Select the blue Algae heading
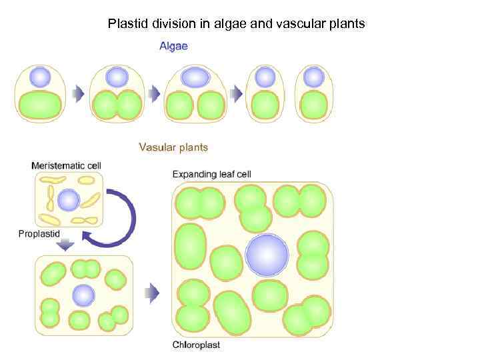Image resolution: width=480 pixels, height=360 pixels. [173, 46]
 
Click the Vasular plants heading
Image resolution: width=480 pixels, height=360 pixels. [173, 147]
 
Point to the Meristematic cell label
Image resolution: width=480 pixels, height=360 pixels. [67, 164]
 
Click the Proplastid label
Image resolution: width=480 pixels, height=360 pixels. [39, 233]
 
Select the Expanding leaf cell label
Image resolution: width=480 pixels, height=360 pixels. [211, 175]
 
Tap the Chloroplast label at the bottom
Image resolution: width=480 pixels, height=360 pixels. [196, 345]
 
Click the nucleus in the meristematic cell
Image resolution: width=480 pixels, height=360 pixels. [68, 199]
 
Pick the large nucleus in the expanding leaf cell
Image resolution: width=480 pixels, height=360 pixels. [267, 255]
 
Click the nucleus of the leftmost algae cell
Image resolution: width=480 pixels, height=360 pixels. [40, 77]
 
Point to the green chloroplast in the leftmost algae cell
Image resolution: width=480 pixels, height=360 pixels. [40, 105]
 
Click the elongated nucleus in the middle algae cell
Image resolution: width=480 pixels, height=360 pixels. [195, 77]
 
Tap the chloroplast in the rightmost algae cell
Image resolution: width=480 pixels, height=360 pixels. [313, 105]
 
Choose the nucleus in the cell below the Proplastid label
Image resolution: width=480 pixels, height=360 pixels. [83, 294]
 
